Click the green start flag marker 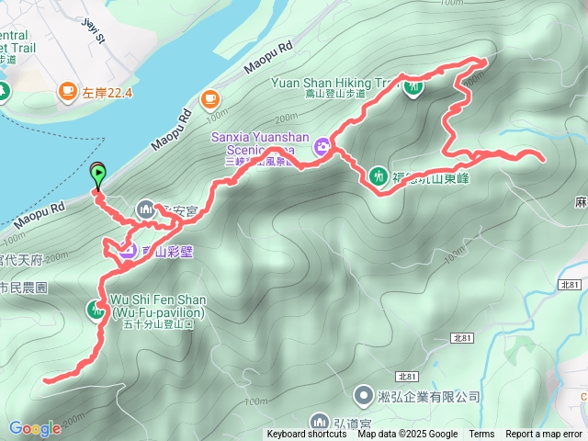pos(97,172)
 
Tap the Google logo pos(35,428)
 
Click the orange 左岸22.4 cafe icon pos(67,90)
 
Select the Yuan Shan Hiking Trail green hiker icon pos(413,87)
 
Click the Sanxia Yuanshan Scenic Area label pos(263,143)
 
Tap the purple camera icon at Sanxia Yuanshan pos(322,145)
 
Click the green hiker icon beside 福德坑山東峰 pos(378,175)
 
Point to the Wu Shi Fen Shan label pos(157,306)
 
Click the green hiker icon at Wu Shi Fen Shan pos(96,310)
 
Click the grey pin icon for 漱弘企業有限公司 pos(364,395)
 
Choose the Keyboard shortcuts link pos(307,435)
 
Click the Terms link pos(481,435)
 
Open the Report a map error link pos(544,435)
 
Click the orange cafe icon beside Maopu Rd pos(209,98)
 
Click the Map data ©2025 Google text pos(407,435)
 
